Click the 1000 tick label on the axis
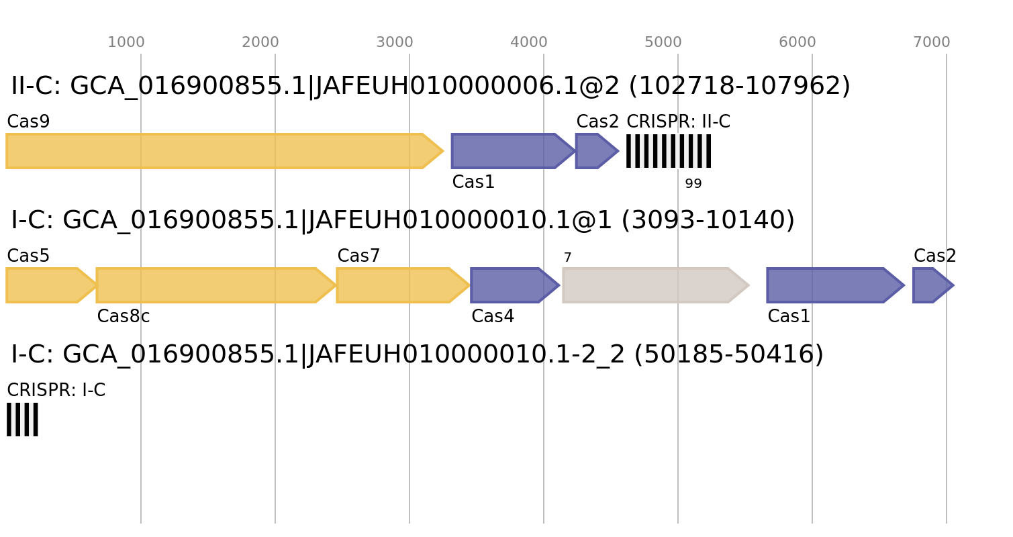point(126,42)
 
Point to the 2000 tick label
point(260,42)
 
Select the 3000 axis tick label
point(395,42)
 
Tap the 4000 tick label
point(529,42)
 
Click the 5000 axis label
point(663,42)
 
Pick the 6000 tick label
point(798,42)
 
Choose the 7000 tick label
point(932,42)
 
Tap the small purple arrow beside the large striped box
point(595,151)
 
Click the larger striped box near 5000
point(669,151)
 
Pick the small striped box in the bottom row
point(22,420)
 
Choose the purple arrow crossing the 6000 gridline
point(832,285)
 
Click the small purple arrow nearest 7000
point(930,285)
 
